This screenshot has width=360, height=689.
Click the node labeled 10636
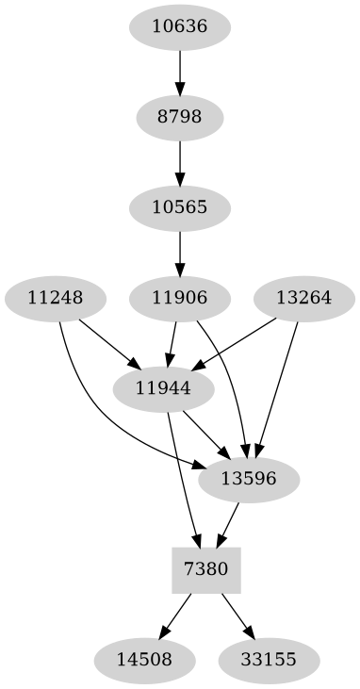point(179,26)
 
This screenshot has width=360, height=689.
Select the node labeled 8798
point(179,118)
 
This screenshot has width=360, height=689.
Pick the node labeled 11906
point(179,299)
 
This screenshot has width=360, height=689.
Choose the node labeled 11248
point(55,299)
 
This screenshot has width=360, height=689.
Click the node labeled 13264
point(303,299)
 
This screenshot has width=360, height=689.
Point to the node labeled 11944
point(163,388)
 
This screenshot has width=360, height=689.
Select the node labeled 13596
point(249,479)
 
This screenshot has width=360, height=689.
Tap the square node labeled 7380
point(206,569)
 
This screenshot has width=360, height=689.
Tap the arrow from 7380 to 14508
point(177,613)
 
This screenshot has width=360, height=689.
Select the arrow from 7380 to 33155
point(237,613)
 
